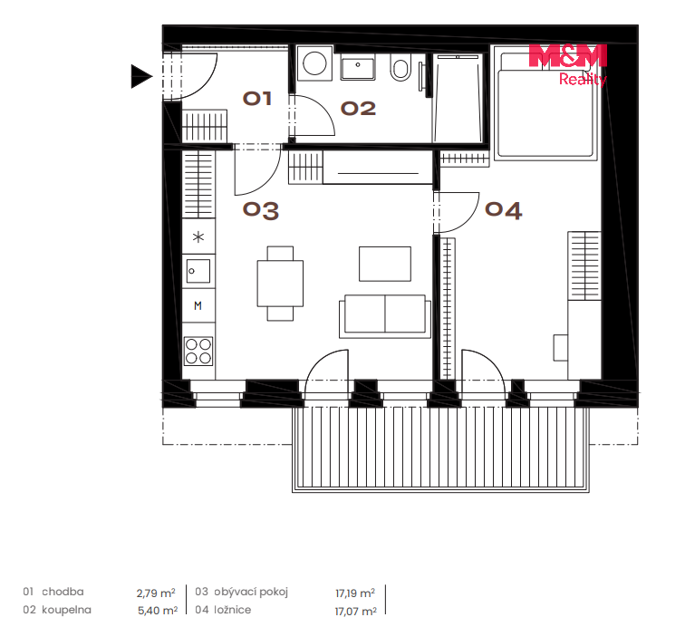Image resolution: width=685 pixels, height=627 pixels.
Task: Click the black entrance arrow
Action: click(x=140, y=76)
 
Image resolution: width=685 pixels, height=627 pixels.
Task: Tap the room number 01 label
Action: click(x=257, y=99)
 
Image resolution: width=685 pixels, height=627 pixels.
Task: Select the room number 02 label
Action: click(x=358, y=109)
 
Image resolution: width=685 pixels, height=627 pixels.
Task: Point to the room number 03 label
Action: click(x=261, y=210)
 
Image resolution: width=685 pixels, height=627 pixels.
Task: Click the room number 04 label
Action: click(x=503, y=210)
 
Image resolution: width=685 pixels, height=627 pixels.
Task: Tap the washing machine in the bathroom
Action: click(x=314, y=63)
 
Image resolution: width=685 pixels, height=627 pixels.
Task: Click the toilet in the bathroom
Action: click(x=400, y=67)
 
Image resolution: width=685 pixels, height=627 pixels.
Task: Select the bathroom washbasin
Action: click(x=358, y=67)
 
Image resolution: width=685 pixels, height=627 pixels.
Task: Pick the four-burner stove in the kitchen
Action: click(x=198, y=351)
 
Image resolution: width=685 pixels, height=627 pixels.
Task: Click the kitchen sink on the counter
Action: click(x=198, y=271)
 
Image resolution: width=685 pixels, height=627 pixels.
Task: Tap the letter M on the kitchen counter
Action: click(x=198, y=306)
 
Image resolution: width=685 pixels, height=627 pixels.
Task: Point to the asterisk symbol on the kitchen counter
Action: click(x=198, y=237)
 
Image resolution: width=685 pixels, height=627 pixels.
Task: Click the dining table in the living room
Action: click(x=280, y=284)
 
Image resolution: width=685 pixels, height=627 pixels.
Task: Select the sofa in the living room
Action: click(x=385, y=316)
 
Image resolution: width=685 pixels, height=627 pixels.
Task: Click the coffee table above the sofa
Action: click(x=385, y=264)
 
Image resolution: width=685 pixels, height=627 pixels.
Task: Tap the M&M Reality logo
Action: click(x=568, y=64)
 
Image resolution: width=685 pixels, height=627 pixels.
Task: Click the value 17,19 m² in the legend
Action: click(x=355, y=593)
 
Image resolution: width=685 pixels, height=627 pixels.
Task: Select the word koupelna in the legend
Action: click(x=66, y=610)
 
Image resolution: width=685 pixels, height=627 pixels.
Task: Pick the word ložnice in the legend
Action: click(x=232, y=610)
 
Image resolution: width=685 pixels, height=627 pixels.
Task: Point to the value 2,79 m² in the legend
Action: click(x=156, y=593)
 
